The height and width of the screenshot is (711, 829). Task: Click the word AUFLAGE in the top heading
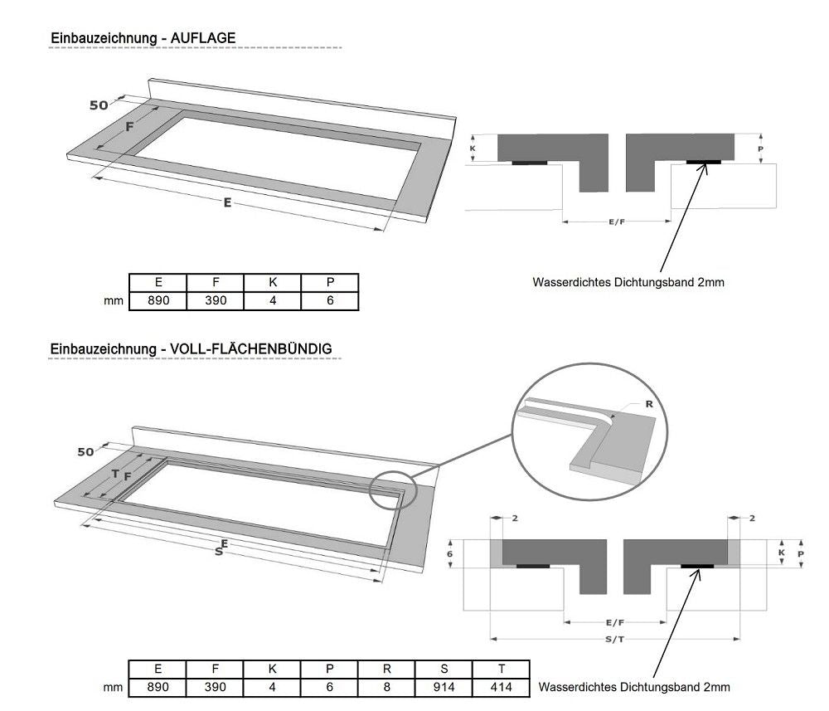coord(202,37)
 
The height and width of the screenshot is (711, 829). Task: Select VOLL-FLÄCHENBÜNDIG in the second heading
coord(250,349)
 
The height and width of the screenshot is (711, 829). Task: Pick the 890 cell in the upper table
coord(158,300)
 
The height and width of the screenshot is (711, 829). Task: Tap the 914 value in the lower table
coord(444,687)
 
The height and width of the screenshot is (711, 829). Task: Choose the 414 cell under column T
coord(501,687)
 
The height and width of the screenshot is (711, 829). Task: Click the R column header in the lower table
coord(386,669)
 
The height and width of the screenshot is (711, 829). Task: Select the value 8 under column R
coord(386,687)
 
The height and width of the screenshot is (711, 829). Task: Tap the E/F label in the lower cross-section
coord(615,622)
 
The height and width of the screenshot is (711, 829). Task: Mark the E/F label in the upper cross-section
coord(617,222)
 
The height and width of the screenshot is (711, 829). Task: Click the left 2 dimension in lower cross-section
coord(515,519)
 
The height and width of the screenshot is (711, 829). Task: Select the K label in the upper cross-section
coord(473,149)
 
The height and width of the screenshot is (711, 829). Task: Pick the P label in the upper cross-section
coord(759,149)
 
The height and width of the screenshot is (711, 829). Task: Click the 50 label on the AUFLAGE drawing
coord(99,105)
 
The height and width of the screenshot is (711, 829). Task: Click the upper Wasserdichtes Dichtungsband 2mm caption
coord(628,282)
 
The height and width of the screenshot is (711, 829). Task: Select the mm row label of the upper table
coord(114,300)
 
